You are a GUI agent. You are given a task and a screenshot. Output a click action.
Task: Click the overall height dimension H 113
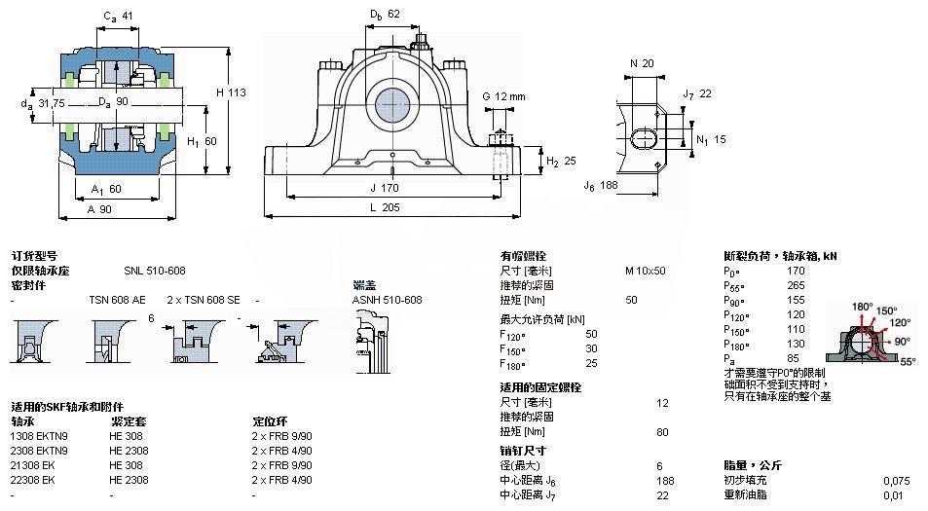(231, 92)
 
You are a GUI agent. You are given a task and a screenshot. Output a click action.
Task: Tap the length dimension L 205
(390, 207)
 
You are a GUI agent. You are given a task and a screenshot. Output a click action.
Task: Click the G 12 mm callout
(503, 95)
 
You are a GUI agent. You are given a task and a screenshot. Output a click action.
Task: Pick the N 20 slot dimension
(641, 63)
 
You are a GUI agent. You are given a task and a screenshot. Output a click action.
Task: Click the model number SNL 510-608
(154, 271)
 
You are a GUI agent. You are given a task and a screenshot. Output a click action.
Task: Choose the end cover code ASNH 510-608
(387, 300)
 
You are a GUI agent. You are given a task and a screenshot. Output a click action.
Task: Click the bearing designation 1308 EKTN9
(39, 437)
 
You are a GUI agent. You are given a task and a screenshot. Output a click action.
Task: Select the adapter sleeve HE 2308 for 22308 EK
(129, 480)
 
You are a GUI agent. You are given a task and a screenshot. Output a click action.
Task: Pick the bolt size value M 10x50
(645, 271)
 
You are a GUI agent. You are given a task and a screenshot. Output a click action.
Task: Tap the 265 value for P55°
(796, 285)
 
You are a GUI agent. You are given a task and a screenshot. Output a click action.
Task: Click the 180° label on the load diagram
(863, 308)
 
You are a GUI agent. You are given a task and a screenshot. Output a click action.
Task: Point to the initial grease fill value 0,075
(897, 480)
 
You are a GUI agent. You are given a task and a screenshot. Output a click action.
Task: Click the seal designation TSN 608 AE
(117, 300)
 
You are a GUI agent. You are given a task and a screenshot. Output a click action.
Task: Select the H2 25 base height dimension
(558, 161)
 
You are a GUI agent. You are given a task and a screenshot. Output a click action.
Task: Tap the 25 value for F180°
(618, 363)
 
